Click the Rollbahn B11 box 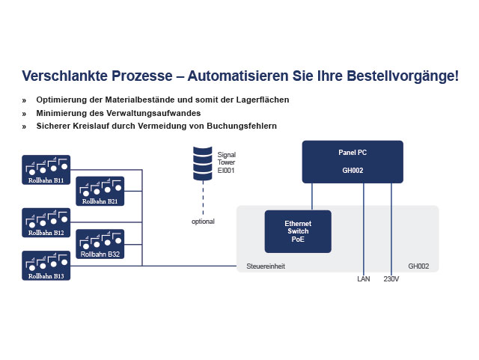(46, 170)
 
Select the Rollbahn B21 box (100, 191)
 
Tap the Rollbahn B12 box (46, 223)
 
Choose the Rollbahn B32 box (100, 244)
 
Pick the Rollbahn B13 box (46, 266)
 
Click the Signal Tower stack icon (203, 163)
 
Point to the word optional (203, 222)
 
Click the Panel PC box (353, 162)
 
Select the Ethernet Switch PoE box (298, 231)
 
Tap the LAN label (364, 279)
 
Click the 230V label (391, 279)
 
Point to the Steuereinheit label (266, 266)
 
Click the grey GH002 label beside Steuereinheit (418, 266)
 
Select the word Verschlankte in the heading (67, 76)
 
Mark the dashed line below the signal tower (203, 198)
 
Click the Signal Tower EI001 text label (226, 162)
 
